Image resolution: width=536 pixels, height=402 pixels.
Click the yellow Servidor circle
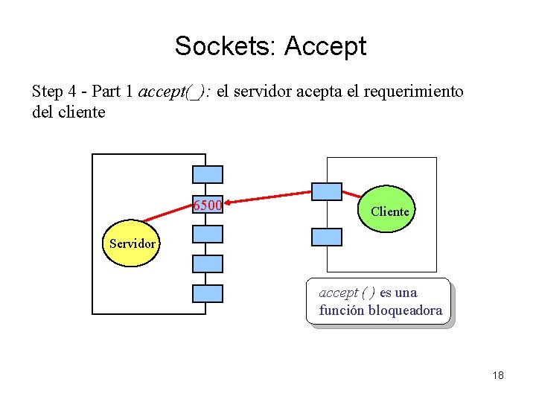132,243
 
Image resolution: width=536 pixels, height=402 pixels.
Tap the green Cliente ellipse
389,211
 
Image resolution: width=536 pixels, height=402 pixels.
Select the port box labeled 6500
208,205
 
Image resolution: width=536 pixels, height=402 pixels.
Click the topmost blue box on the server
208,174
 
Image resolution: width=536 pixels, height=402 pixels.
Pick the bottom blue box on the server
208,293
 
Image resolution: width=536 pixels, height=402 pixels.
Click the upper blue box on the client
327,191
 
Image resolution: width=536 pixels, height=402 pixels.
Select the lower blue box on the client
327,237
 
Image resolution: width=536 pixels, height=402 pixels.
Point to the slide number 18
497,375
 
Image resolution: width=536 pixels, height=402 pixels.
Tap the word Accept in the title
325,46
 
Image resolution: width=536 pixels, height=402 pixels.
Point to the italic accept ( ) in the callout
347,293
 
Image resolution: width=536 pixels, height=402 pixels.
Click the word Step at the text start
47,92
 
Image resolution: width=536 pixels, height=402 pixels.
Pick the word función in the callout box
342,310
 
